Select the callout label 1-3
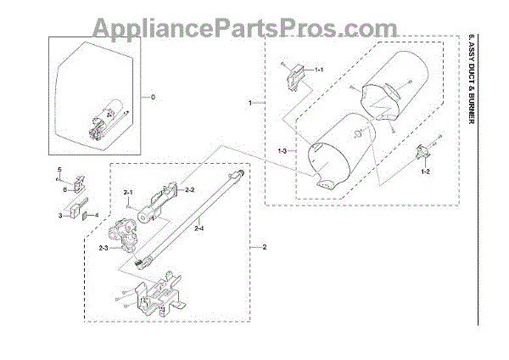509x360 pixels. tap(282, 150)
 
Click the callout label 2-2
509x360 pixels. tap(191, 189)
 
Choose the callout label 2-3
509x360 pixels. tap(103, 247)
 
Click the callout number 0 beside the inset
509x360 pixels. tap(154, 98)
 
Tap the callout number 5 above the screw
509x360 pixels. tap(59, 171)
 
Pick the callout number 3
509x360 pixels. tap(60, 217)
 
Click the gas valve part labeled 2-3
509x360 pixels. tap(129, 237)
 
